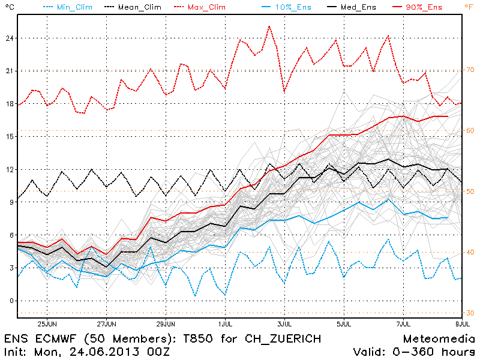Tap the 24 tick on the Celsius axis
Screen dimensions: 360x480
click(9, 38)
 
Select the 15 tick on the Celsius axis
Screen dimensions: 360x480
click(9, 136)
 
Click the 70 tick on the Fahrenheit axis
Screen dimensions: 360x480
click(470, 70)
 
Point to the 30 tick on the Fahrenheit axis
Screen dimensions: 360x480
click(470, 313)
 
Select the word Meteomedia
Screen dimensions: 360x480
click(439, 338)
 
